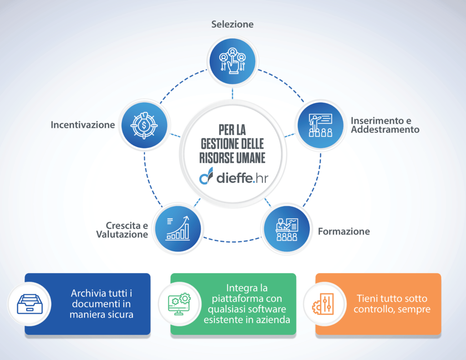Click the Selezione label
pos(233,24)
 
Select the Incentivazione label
pos(83,124)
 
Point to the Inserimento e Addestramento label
pos(385,125)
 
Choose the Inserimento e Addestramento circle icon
pos(320,125)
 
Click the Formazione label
pos(344,232)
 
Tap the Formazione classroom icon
pos(287,229)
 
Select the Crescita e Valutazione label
pos(122,230)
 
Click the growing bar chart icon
pos(178,228)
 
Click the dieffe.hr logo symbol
pos(206,176)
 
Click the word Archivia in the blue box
pos(88,293)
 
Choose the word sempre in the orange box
pos(415,310)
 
